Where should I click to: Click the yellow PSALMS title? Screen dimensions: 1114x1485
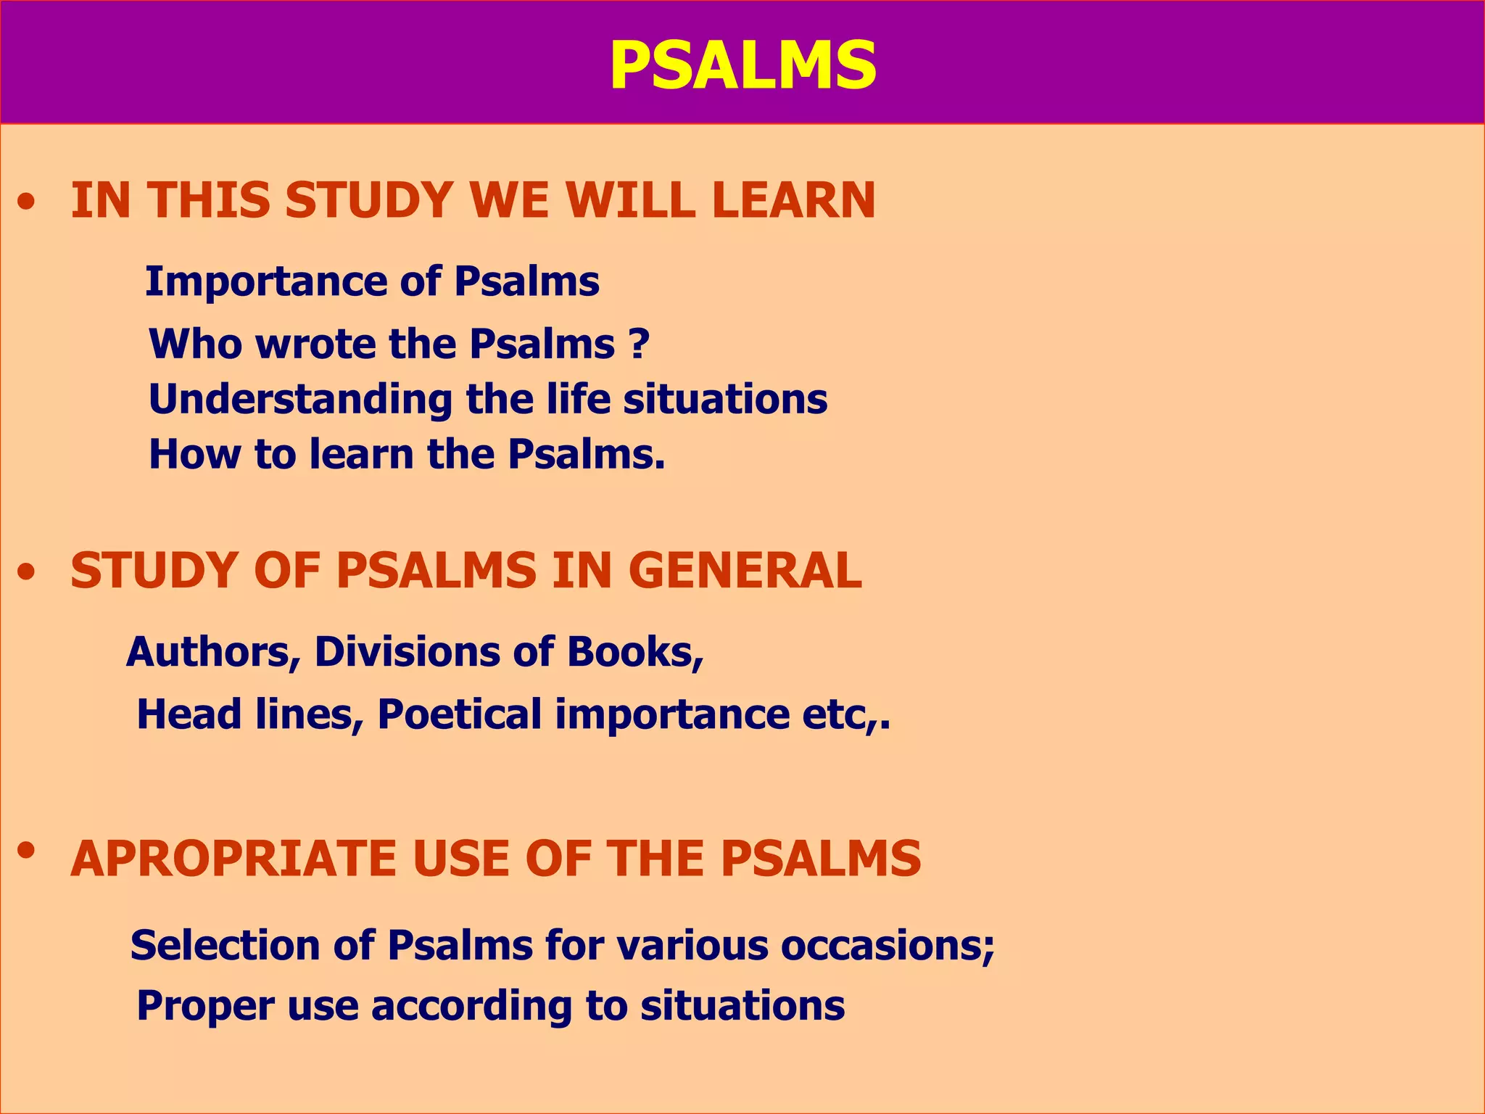[x=742, y=65]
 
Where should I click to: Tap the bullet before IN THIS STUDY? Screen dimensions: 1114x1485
[x=27, y=204]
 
